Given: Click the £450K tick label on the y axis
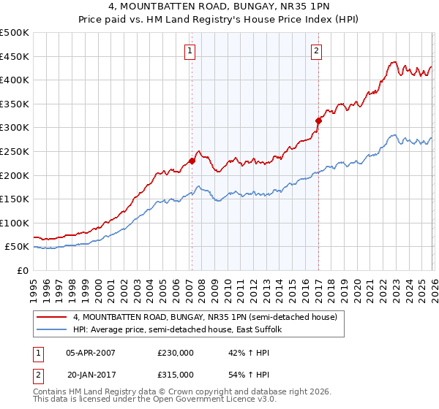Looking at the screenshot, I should click(15, 56).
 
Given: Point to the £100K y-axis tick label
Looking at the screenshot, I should click(15, 223).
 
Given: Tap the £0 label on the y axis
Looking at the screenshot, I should click(22, 270).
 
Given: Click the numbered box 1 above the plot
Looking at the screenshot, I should click(190, 51).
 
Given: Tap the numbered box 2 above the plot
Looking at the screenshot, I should click(316, 51).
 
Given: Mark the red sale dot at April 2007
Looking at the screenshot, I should click(192, 161).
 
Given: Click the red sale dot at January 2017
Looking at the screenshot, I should click(318, 121).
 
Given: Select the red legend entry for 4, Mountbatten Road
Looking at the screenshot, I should click(205, 317).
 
